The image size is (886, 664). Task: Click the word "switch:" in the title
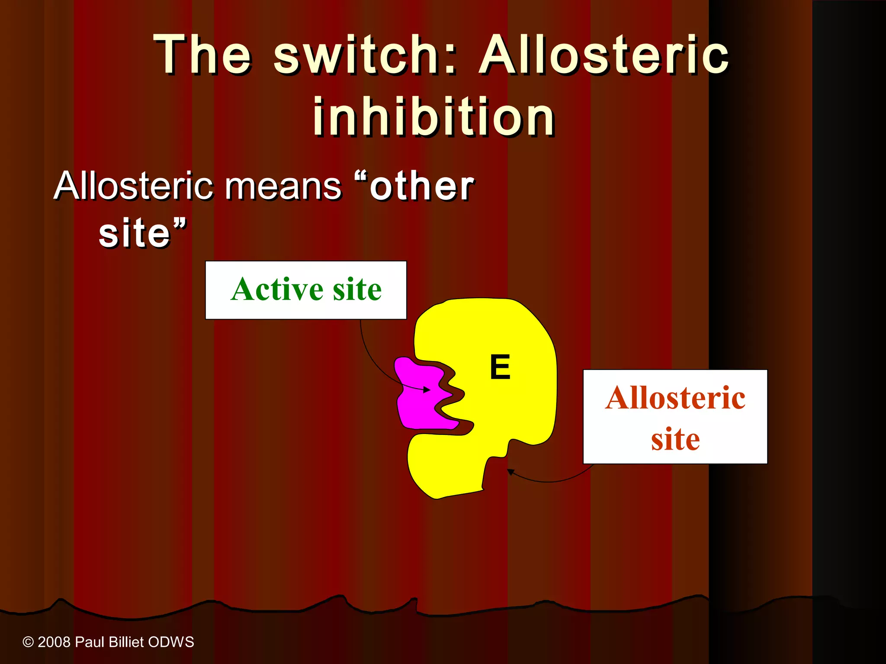(x=365, y=55)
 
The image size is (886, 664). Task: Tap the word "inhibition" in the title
(x=434, y=117)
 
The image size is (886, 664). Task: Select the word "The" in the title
(x=202, y=55)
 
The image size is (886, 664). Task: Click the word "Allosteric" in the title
(x=604, y=55)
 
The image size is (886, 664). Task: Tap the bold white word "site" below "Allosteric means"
(x=135, y=233)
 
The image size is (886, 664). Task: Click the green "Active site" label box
(x=306, y=290)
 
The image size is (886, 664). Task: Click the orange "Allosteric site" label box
(x=675, y=417)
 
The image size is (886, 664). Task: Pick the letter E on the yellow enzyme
(x=500, y=367)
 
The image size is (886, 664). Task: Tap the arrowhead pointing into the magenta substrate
(x=427, y=390)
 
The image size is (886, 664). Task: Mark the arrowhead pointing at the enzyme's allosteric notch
(x=510, y=472)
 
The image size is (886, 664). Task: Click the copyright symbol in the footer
(x=28, y=642)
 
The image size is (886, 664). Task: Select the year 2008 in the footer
(x=54, y=642)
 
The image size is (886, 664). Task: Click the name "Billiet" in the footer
(x=126, y=642)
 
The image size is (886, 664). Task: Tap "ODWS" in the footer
(x=171, y=642)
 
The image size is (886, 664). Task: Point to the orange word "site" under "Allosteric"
(x=675, y=439)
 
